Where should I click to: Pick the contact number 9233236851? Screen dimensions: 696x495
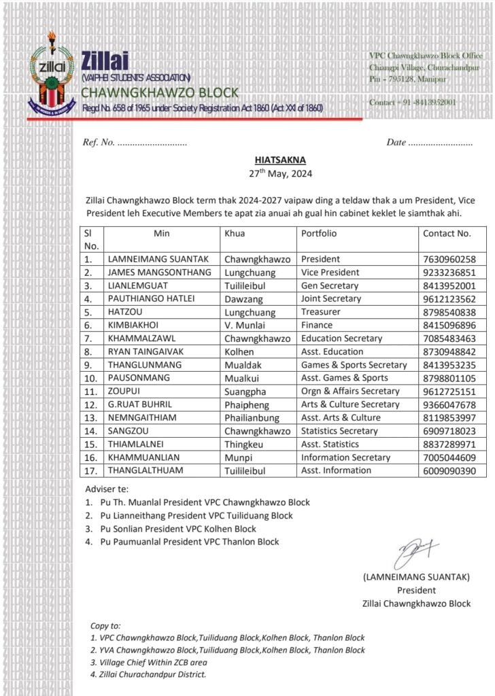(x=449, y=273)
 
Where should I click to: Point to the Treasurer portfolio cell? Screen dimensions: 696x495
(x=320, y=312)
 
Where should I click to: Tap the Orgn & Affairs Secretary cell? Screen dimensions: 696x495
(x=350, y=391)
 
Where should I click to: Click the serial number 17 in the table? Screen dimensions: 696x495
(x=88, y=470)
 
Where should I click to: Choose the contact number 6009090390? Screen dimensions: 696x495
(x=449, y=470)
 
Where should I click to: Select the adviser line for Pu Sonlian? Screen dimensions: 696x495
(x=178, y=529)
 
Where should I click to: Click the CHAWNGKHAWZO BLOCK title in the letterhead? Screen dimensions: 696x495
(x=160, y=93)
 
